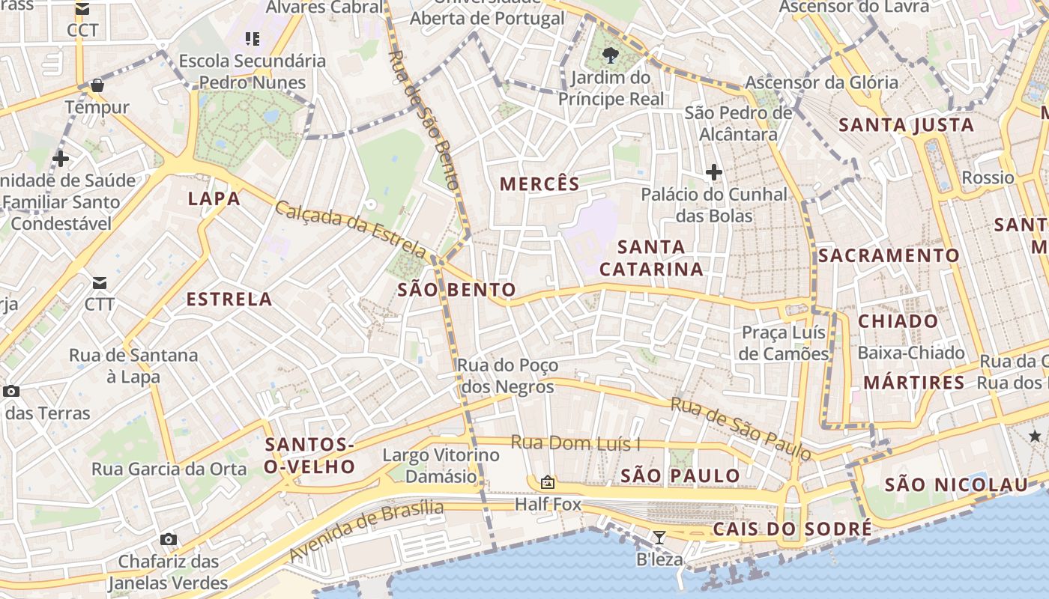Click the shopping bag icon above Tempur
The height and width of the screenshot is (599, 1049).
click(97, 85)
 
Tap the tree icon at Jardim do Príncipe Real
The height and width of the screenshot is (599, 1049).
click(611, 54)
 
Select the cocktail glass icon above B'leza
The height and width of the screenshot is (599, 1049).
click(659, 537)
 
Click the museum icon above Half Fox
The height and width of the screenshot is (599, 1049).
click(548, 482)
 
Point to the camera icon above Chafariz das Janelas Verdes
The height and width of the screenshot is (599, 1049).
click(169, 539)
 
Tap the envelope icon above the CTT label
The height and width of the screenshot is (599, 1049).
click(99, 283)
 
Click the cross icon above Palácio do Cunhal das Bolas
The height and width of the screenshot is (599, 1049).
click(713, 173)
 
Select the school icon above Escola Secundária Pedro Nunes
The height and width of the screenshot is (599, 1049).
click(253, 38)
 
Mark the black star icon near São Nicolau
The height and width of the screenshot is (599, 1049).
click(1035, 436)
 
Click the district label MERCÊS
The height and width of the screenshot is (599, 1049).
click(539, 184)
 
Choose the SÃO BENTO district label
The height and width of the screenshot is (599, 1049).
click(456, 290)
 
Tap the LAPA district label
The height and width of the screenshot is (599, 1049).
click(214, 198)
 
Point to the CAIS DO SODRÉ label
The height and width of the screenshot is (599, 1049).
click(792, 529)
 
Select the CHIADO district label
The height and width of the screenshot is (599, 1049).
click(898, 321)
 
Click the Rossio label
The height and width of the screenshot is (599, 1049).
click(988, 177)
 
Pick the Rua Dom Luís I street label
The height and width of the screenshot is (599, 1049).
click(575, 443)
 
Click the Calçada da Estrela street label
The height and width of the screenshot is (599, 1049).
click(351, 228)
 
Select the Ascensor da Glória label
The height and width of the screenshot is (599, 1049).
click(821, 82)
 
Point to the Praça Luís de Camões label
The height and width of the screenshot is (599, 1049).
click(784, 343)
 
